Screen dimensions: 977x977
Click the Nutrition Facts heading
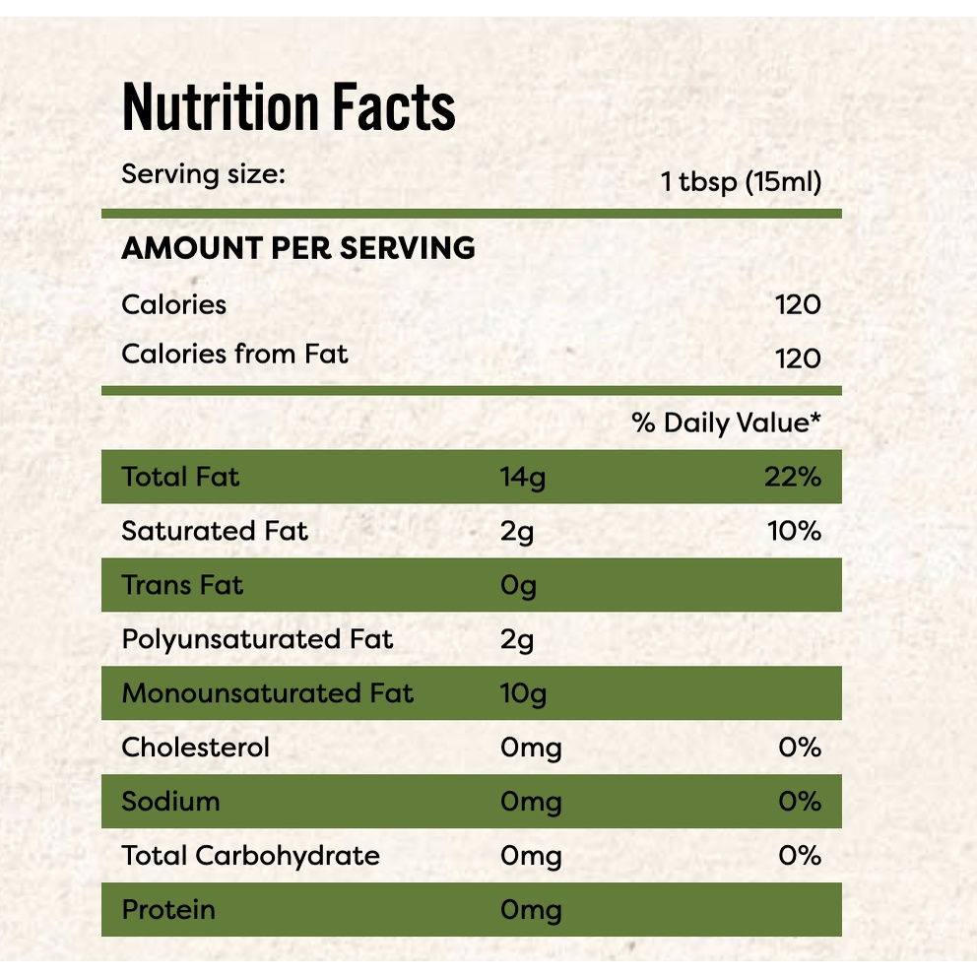coord(289,107)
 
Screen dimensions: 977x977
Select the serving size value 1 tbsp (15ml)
coord(741,182)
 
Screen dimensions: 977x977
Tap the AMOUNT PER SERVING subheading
coord(297,248)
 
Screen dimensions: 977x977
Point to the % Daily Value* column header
coord(727,423)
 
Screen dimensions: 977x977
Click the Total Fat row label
coord(180,478)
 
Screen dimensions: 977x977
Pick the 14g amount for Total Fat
coord(522,479)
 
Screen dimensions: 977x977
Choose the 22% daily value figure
coord(792,478)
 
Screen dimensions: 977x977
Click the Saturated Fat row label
coord(215,532)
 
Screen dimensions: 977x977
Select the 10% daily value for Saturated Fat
coord(794,532)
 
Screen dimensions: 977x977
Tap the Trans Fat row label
coord(182,585)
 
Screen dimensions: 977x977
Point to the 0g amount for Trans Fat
coord(518,587)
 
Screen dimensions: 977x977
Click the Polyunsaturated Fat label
coord(257,639)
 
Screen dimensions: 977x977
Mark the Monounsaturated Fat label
coord(268,693)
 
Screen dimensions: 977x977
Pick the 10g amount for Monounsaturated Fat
coord(523,694)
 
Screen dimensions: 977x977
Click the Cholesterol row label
coord(195,748)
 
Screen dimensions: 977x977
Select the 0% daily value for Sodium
coord(799,802)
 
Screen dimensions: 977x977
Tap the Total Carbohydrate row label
coord(250,856)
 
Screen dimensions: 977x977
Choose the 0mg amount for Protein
coord(531,910)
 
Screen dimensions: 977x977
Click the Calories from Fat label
coord(234,354)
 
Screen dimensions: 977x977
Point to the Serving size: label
coord(203,175)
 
